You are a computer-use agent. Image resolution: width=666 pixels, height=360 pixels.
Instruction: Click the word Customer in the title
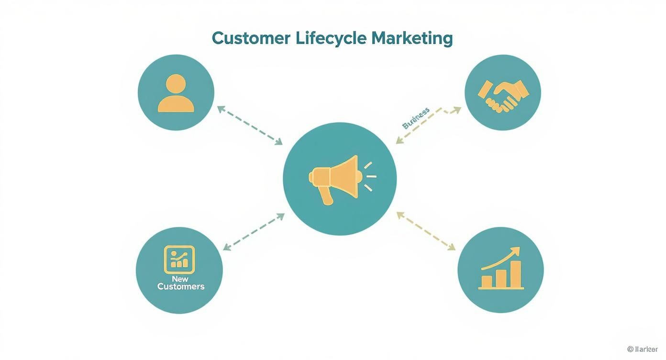251,38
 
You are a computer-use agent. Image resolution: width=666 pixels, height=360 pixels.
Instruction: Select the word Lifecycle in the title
330,38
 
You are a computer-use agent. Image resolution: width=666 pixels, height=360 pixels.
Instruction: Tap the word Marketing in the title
412,38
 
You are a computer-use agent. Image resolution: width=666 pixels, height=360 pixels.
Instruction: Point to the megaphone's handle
326,195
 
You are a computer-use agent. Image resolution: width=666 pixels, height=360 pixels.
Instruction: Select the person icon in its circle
176,93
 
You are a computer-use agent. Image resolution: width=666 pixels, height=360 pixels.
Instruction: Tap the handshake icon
503,95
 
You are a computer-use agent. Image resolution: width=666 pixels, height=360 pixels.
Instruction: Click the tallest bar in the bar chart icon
515,275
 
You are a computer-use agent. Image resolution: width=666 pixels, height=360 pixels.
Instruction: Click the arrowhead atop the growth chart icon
515,251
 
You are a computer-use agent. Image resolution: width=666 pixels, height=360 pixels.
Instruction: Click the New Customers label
180,283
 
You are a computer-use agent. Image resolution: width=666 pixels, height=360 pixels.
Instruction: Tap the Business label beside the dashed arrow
416,118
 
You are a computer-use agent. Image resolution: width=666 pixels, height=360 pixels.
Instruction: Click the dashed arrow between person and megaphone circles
249,125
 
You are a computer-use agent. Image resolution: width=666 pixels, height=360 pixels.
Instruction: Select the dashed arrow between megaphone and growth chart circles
425,231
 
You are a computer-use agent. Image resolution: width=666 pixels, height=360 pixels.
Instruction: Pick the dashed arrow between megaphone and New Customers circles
254,232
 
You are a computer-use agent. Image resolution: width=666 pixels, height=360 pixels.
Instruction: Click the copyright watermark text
642,349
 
